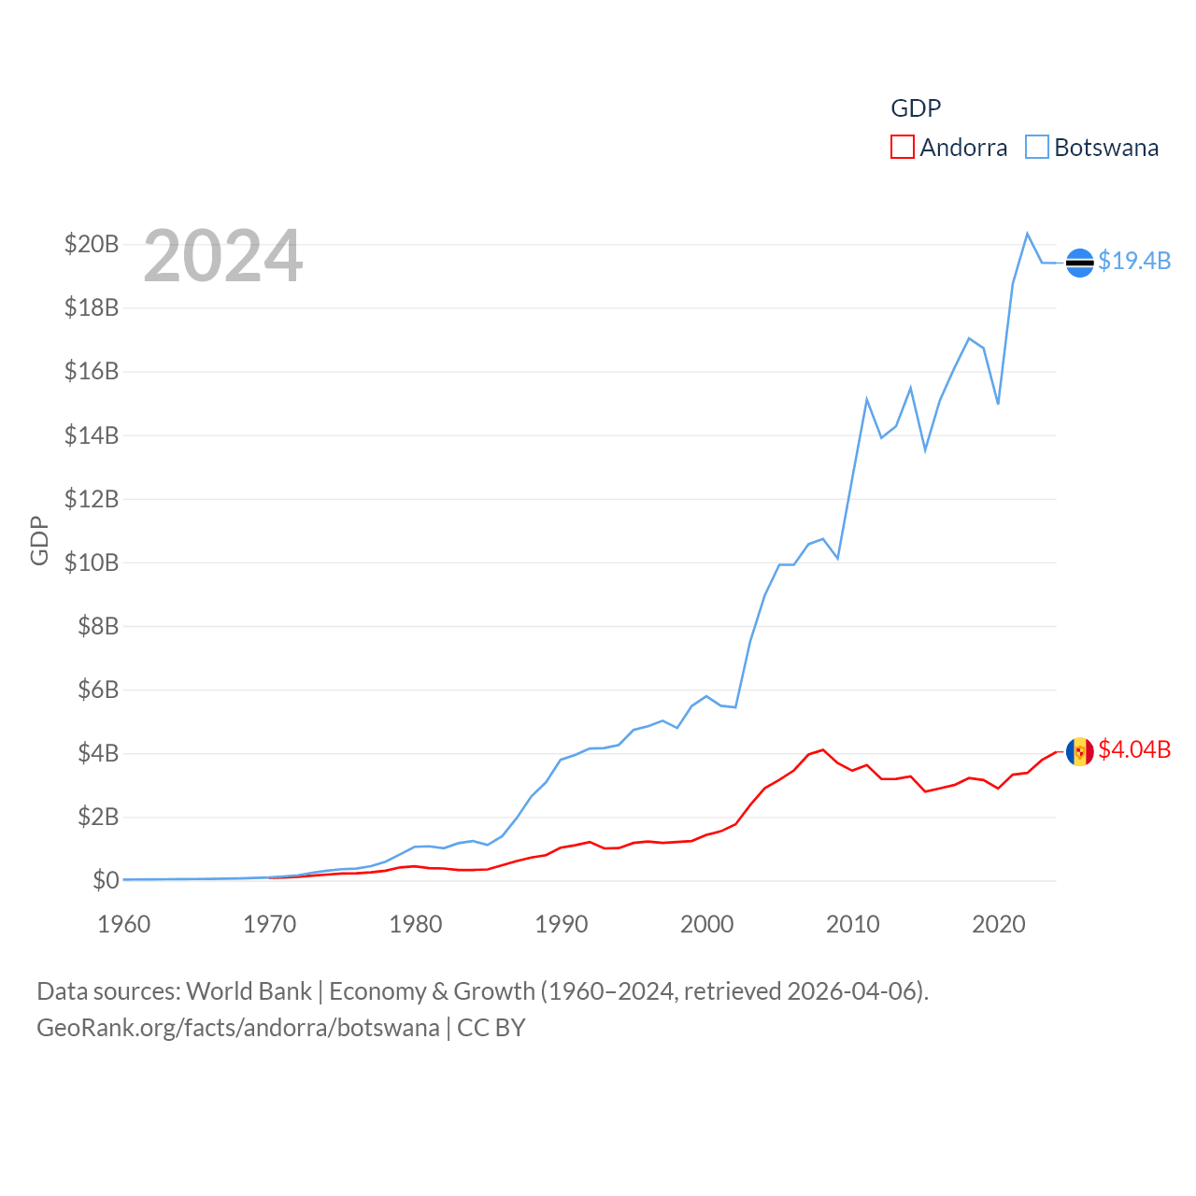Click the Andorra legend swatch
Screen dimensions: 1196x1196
902,148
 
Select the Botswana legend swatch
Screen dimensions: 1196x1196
1037,148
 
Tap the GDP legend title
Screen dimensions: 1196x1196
916,108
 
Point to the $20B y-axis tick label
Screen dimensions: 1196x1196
92,245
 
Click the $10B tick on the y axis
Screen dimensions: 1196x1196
92,562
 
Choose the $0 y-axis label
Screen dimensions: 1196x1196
106,880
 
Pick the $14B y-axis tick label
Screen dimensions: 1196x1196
92,435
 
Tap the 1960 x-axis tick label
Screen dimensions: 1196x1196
124,925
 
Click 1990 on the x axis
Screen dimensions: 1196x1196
562,925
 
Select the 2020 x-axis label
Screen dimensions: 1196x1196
999,925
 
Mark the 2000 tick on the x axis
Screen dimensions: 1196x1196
707,925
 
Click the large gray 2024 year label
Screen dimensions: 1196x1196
223,256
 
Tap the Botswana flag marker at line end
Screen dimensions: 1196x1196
1079,263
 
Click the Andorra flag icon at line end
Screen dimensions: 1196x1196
1079,751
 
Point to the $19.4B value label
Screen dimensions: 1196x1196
1134,261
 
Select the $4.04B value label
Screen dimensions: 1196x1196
1134,749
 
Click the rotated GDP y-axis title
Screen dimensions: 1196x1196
39,540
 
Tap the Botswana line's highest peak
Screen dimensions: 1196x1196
1028,234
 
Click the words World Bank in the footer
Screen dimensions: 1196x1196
249,991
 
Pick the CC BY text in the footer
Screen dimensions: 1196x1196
491,1028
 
